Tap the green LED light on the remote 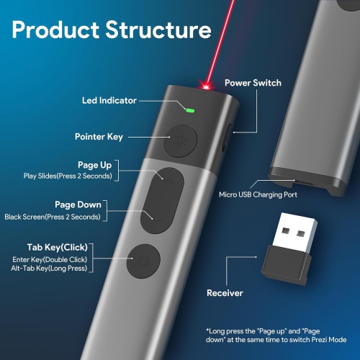(x=189, y=110)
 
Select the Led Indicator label (x=109, y=101)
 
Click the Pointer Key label (x=99, y=136)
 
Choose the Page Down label (x=78, y=204)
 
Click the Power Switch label (x=253, y=83)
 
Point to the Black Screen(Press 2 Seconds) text (x=52, y=216)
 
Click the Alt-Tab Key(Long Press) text (x=50, y=269)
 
